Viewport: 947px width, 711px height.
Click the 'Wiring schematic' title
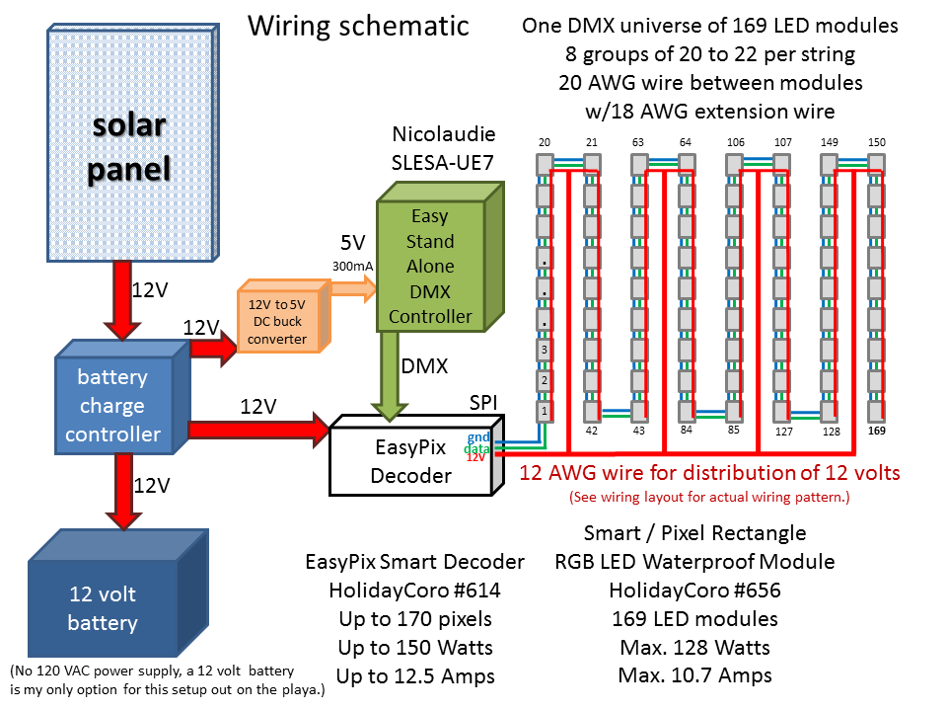point(357,26)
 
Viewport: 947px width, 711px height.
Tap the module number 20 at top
point(544,142)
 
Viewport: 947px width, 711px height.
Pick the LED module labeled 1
point(543,410)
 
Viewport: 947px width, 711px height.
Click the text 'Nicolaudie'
point(443,133)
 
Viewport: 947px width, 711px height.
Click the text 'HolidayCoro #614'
point(414,591)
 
